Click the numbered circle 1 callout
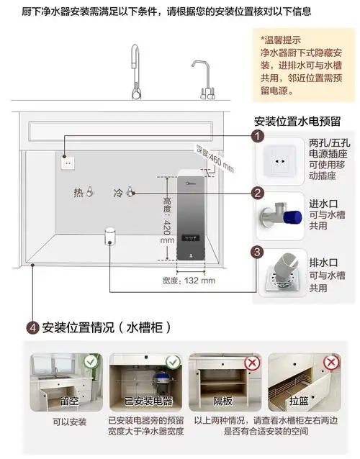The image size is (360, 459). tap(257, 136)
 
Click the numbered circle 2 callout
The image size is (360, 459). tap(257, 192)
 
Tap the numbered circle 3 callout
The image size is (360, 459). tap(257, 252)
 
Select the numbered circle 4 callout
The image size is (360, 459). tap(32, 327)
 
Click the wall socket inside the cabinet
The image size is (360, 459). tap(68, 163)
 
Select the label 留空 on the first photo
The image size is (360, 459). tap(69, 400)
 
